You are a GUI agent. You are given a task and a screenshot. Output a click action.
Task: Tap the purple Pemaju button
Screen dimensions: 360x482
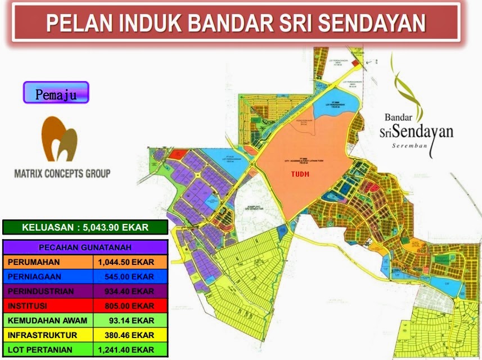coord(56,93)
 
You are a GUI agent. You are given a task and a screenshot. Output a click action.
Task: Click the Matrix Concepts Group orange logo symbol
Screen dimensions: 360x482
coord(60,139)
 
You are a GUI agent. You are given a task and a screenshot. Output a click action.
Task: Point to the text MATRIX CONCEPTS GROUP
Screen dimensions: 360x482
coord(62,173)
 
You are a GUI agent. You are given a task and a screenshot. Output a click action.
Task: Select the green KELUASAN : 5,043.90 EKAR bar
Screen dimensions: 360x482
coord(85,228)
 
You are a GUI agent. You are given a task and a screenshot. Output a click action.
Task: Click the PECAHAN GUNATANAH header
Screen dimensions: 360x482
coord(85,247)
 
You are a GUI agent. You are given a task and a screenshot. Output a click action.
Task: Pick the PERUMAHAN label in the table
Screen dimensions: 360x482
coord(34,262)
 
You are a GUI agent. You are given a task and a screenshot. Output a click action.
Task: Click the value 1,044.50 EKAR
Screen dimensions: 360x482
coord(125,262)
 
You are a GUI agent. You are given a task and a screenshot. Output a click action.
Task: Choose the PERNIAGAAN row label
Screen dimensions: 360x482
coord(35,277)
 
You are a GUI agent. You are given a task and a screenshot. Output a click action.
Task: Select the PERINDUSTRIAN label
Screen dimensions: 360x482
coord(40,291)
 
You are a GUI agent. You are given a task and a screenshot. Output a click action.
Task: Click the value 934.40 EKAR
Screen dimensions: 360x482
coord(129,291)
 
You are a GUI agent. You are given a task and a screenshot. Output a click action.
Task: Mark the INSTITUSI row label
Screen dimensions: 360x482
coord(27,306)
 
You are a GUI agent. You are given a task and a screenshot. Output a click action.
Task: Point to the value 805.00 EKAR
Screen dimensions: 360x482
coord(129,306)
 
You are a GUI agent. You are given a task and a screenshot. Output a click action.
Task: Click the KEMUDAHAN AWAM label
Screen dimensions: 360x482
coord(48,321)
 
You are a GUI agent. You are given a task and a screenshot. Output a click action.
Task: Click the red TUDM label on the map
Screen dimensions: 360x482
coord(300,174)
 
